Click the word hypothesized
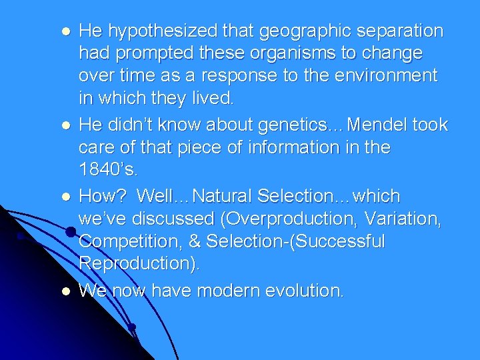click(159, 31)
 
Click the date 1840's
click(107, 169)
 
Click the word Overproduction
click(289, 219)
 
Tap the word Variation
click(405, 219)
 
